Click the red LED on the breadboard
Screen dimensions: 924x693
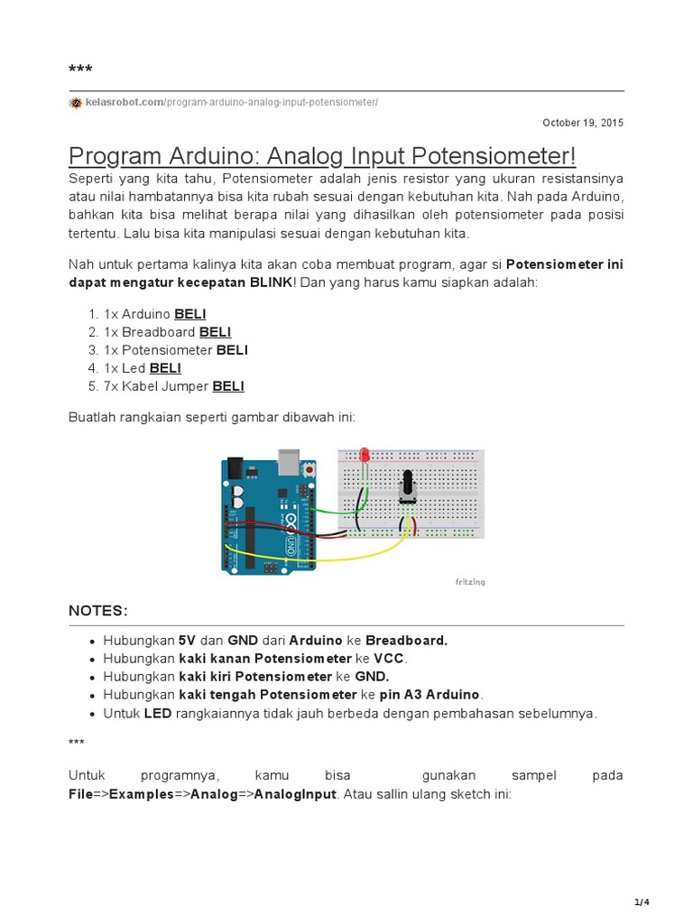[x=365, y=455]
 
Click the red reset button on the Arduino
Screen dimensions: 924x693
[x=310, y=470]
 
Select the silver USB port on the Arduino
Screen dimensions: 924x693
[x=289, y=460]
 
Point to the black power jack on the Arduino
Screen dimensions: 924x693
[x=236, y=467]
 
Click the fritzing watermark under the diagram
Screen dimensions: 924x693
[x=470, y=583]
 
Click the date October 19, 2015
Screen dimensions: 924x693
[x=582, y=123]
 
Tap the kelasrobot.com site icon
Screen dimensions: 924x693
[x=76, y=103]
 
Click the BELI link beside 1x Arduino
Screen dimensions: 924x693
[x=190, y=314]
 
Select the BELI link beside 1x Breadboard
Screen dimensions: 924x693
[x=216, y=332]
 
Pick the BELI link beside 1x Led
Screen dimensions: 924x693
[x=165, y=368]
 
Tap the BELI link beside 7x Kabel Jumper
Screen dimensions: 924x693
[x=228, y=386]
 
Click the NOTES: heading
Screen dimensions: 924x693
[x=98, y=611]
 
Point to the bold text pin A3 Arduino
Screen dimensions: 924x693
[x=430, y=695]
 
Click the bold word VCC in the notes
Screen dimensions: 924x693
[x=389, y=659]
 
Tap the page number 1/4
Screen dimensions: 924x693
[x=642, y=902]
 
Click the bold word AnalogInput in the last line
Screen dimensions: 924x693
[x=295, y=795]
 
